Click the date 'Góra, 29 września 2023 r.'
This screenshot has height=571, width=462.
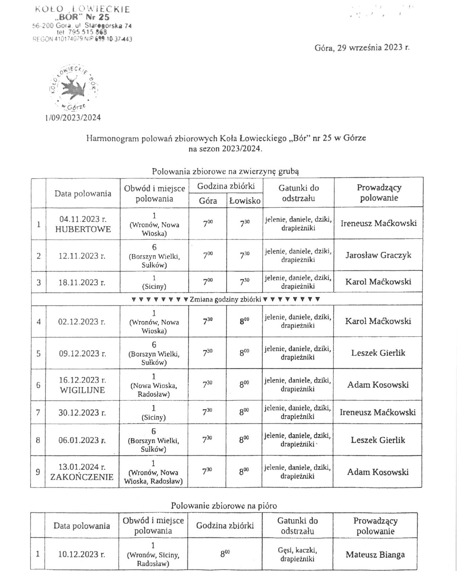coord(362,47)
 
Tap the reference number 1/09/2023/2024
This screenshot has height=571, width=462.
coord(73,118)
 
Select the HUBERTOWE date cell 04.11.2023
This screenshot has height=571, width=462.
coord(83,224)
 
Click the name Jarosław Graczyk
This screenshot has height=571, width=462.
coord(378,255)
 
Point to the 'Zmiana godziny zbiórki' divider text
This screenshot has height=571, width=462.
coord(225,299)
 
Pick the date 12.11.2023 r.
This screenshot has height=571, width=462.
coord(82,256)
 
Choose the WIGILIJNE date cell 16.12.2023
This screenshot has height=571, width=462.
coord(82,385)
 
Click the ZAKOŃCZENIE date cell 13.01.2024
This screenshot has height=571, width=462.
coord(82,472)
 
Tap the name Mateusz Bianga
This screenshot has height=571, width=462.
coord(375,555)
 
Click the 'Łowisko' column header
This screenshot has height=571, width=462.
coord(245,201)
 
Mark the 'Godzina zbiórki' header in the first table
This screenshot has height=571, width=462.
coord(226,186)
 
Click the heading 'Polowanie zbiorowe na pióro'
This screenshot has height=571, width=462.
coord(224,505)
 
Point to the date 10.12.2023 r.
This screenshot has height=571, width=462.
coord(82,554)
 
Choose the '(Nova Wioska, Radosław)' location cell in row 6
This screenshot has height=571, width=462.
coord(154,386)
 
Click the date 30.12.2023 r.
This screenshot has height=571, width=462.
coord(82,412)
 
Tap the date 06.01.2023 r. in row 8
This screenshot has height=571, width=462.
coord(82,440)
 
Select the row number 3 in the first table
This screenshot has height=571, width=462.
coord(38,282)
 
